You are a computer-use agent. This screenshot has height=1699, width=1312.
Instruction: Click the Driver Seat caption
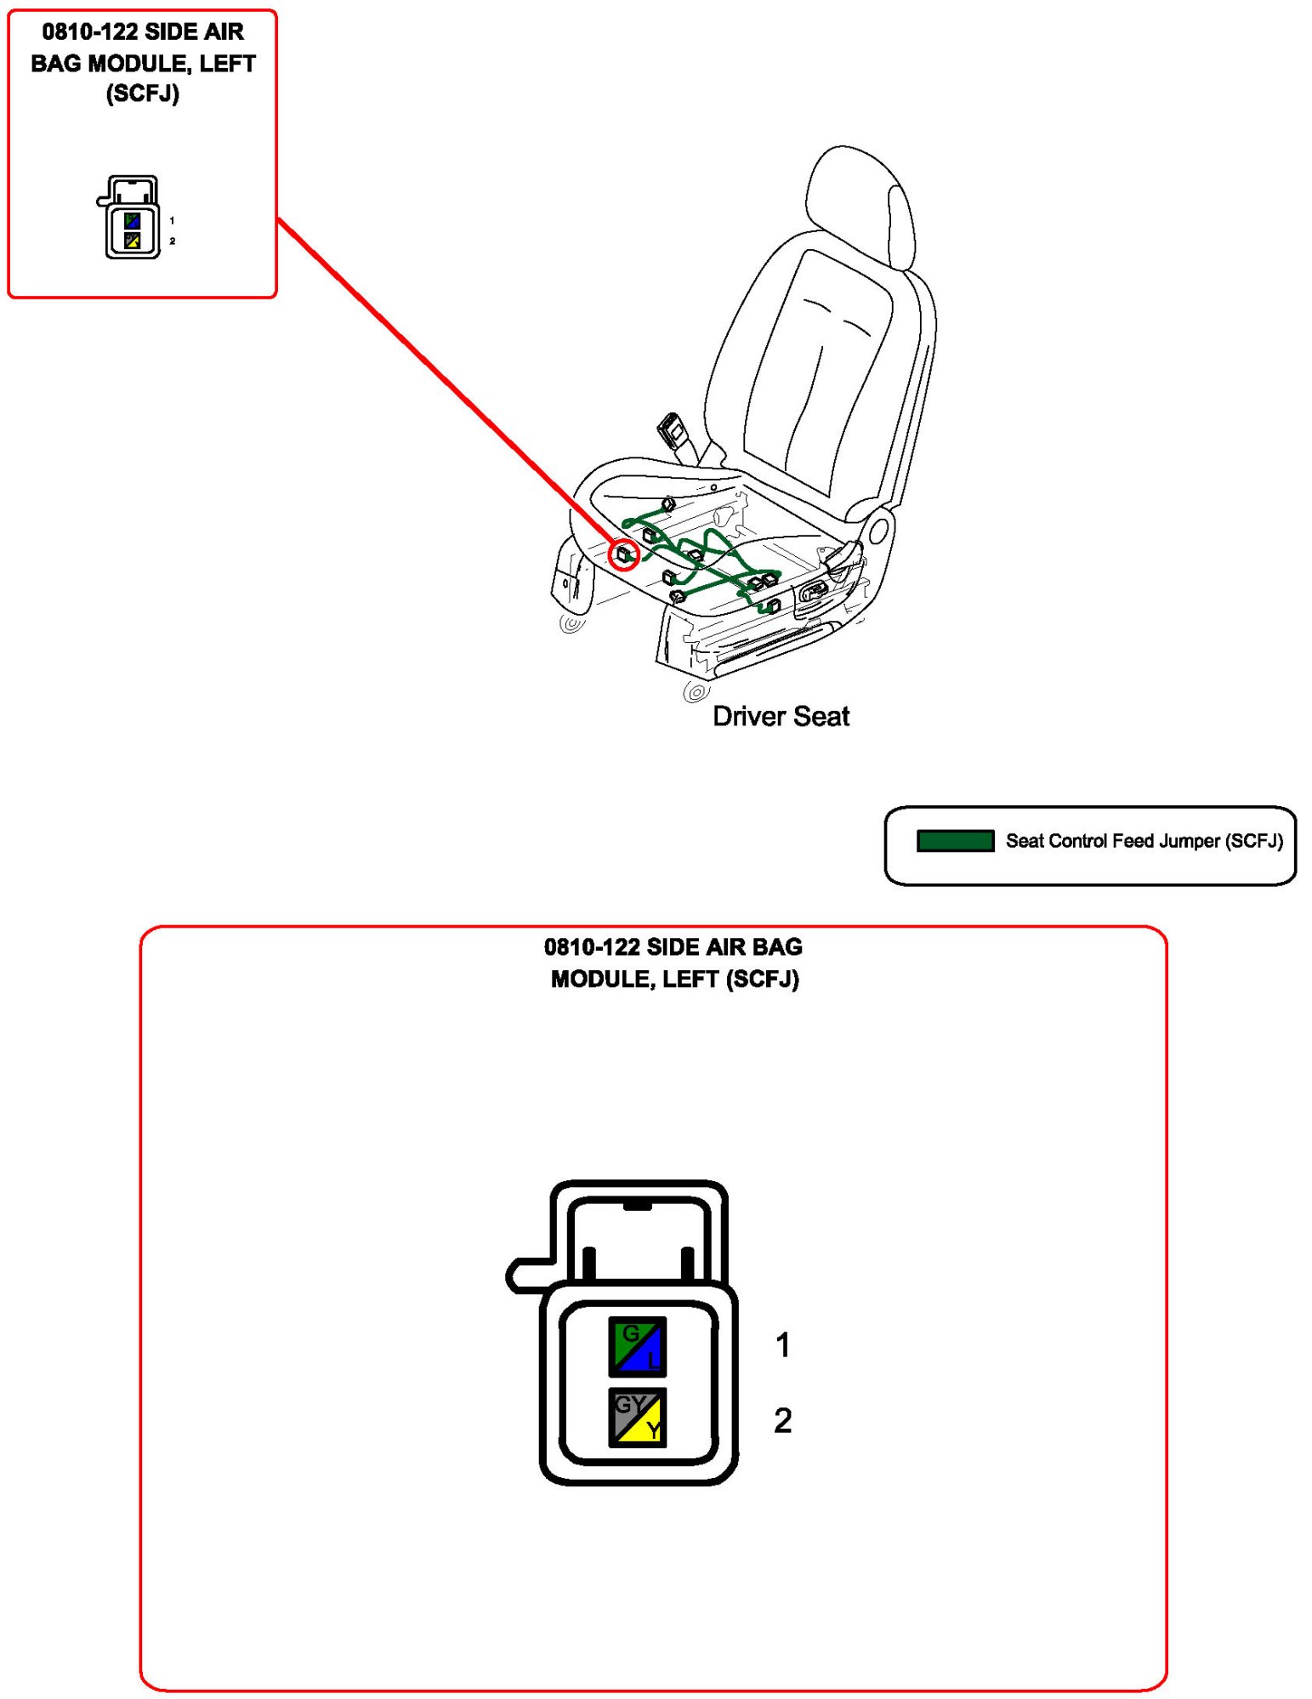click(780, 716)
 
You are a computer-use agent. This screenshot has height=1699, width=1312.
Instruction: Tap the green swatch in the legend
click(955, 840)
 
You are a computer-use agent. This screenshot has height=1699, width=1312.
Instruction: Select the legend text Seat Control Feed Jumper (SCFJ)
click(1144, 840)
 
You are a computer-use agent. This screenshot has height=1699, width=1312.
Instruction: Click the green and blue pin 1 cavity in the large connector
click(637, 1346)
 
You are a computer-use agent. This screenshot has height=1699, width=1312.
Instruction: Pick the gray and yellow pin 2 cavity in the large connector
click(637, 1417)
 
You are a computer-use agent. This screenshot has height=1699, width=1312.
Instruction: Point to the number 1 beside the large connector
click(783, 1344)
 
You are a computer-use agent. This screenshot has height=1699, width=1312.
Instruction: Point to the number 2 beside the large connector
click(782, 1420)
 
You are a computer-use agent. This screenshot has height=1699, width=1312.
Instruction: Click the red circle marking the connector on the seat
click(623, 554)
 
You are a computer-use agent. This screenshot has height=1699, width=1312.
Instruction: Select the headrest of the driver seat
click(859, 204)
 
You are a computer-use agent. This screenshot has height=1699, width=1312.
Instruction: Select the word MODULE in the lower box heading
click(601, 979)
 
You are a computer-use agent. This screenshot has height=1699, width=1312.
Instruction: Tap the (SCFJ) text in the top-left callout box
click(143, 94)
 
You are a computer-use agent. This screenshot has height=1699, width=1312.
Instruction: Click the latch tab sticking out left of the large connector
click(527, 1275)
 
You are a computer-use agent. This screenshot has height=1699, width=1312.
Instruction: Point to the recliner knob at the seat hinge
click(879, 531)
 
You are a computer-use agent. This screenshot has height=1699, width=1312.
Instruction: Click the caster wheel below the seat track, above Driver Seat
click(695, 692)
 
